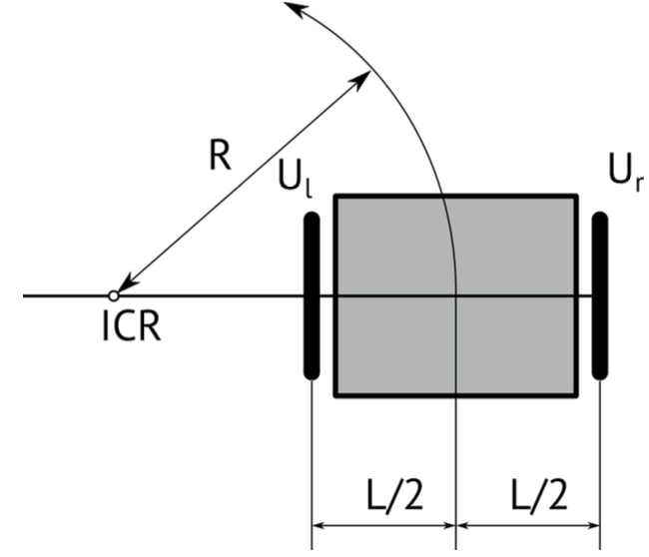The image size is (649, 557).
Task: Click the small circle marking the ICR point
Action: coord(114,295)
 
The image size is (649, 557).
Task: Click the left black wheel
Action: coord(311,295)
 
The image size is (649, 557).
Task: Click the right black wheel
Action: coord(599,295)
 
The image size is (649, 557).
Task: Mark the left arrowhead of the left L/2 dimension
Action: coord(320,524)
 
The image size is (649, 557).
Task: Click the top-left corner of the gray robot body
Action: coord(334,197)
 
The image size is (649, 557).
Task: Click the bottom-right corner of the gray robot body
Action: coord(576,396)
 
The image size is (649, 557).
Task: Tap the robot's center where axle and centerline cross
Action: coord(455,295)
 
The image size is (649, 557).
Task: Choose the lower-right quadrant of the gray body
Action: coord(516,346)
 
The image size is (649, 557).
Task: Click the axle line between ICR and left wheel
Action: coord(210,295)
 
